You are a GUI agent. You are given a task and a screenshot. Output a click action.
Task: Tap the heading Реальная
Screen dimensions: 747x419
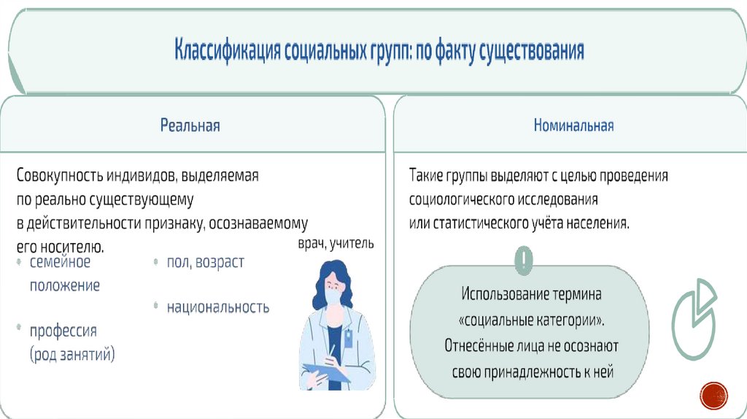[x=190, y=126]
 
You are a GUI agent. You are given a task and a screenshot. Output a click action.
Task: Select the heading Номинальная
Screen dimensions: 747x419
[x=573, y=126]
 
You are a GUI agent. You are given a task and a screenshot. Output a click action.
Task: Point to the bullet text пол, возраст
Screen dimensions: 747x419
[x=205, y=262]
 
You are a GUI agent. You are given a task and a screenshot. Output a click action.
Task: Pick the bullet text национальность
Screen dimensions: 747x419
[x=217, y=307]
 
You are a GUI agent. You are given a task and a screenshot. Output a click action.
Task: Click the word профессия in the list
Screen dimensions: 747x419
[x=63, y=331]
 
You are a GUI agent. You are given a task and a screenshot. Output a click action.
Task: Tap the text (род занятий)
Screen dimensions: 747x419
[x=72, y=355]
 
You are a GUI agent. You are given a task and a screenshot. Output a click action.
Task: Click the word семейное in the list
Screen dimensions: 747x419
[x=60, y=261]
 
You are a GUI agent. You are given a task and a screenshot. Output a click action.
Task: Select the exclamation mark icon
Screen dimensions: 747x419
[x=524, y=259]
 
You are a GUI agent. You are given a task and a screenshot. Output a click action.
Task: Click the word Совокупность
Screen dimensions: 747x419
[x=61, y=176]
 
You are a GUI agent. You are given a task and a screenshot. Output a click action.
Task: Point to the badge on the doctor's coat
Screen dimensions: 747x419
[x=349, y=337]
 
